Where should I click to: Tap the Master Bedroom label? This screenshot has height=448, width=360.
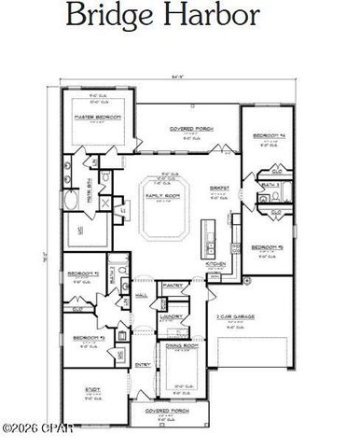pyautogui.click(x=95, y=117)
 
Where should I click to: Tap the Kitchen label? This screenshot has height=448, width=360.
pyautogui.click(x=216, y=264)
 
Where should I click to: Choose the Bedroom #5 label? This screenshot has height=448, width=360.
pyautogui.click(x=266, y=248)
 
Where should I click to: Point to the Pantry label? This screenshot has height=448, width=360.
pyautogui.click(x=171, y=285)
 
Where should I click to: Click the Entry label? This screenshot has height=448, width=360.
pyautogui.click(x=144, y=364)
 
